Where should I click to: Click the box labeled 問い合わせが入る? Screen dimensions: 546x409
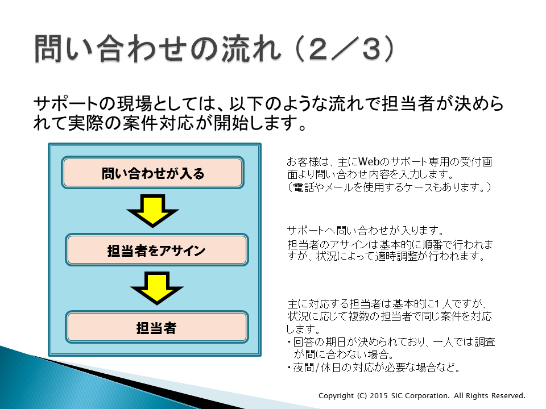pyautogui.click(x=152, y=173)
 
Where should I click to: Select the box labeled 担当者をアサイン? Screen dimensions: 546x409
pyautogui.click(x=157, y=250)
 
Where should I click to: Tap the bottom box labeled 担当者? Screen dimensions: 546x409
pyautogui.click(x=157, y=327)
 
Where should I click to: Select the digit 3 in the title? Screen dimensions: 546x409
pyautogui.click(x=371, y=49)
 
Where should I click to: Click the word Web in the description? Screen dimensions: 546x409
pyautogui.click(x=369, y=162)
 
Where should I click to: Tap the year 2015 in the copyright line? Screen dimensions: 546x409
pyautogui.click(x=379, y=395)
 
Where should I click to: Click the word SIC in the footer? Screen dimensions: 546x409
pyautogui.click(x=397, y=395)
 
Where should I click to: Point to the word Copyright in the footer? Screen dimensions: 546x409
pyautogui.click(x=336, y=396)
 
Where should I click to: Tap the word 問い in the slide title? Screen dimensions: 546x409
pyautogui.click(x=64, y=49)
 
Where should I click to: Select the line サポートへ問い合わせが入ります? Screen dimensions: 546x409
pyautogui.click(x=365, y=230)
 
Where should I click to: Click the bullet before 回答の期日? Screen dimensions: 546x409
pyautogui.click(x=289, y=342)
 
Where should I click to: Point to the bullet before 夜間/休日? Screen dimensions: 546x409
pyautogui.click(x=289, y=368)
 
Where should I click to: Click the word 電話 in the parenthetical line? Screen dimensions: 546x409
pyautogui.click(x=304, y=187)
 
